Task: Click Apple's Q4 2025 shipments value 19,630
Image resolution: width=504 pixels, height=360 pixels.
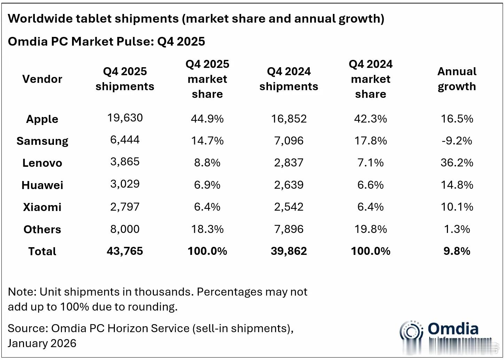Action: click(x=125, y=118)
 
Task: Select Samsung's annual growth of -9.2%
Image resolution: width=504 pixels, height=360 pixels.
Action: click(x=457, y=141)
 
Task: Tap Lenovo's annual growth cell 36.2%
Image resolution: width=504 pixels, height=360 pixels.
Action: click(x=457, y=163)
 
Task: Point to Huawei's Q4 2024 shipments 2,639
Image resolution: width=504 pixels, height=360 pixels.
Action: click(x=289, y=185)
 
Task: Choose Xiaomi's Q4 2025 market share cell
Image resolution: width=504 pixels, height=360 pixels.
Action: click(x=207, y=207)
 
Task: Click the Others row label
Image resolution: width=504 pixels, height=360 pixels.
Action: click(x=42, y=229)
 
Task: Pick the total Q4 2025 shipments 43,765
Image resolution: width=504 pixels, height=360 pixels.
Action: click(x=125, y=251)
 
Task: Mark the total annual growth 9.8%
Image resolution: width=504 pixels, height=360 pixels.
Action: click(x=457, y=251)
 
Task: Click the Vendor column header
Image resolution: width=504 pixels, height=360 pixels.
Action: click(x=42, y=79)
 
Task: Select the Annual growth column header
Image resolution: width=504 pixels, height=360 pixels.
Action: click(x=457, y=79)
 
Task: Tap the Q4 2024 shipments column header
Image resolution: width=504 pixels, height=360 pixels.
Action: click(x=289, y=79)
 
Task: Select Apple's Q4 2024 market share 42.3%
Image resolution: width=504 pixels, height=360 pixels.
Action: click(x=370, y=119)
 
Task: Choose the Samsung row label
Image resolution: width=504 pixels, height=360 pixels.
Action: click(x=42, y=141)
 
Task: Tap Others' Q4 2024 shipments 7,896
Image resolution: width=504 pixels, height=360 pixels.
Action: click(x=289, y=229)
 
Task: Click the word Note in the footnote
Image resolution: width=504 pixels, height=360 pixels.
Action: click(x=21, y=292)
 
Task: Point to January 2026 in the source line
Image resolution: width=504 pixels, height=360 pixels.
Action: click(x=42, y=343)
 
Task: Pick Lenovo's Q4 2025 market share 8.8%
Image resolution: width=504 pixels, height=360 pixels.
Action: click(x=207, y=163)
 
